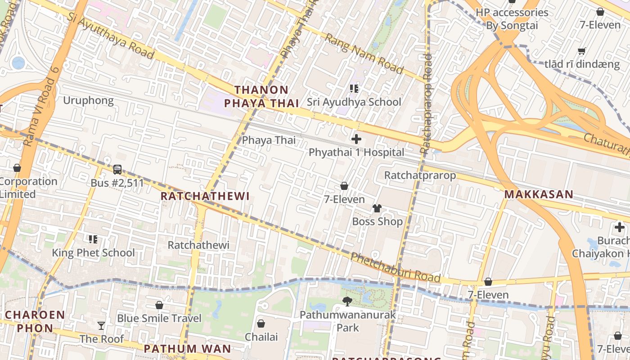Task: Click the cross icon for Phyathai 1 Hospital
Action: (x=356, y=139)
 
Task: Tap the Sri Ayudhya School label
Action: (x=354, y=102)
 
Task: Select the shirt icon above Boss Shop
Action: (x=377, y=208)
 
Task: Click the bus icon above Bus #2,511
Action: (x=117, y=170)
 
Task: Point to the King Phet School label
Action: (x=93, y=252)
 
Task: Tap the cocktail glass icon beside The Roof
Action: (x=101, y=325)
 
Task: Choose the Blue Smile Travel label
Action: (x=159, y=318)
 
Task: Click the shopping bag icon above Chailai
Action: (x=261, y=324)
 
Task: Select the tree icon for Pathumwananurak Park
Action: (x=347, y=301)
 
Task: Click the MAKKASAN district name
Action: (x=539, y=194)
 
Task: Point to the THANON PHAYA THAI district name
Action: (x=261, y=97)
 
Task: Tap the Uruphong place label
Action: (x=88, y=100)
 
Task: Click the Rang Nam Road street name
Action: (x=364, y=54)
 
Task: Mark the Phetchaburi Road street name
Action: (x=395, y=267)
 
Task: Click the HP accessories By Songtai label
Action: (x=512, y=19)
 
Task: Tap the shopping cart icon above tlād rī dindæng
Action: (x=581, y=51)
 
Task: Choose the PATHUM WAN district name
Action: (x=187, y=348)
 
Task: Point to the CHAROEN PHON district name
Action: (x=35, y=321)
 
